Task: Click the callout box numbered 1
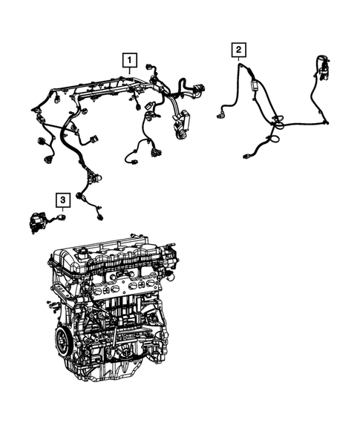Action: (x=130, y=59)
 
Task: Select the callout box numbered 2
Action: (x=238, y=50)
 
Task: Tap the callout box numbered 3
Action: (x=63, y=199)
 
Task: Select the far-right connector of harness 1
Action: (x=201, y=91)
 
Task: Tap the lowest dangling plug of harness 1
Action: (x=98, y=216)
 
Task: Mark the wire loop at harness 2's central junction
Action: (x=275, y=136)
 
